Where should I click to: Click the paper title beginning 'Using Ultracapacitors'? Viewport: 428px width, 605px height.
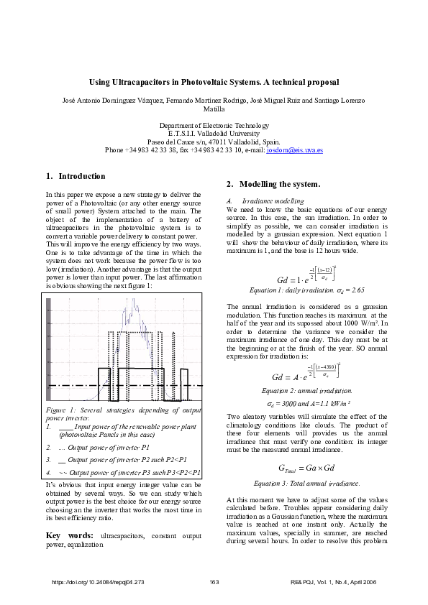pyautogui.click(x=214, y=83)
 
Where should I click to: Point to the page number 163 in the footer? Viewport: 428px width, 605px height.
pyautogui.click(x=214, y=581)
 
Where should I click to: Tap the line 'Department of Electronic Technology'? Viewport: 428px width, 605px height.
pyautogui.click(x=214, y=125)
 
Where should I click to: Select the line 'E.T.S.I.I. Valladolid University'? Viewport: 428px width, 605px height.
pyautogui.click(x=214, y=134)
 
